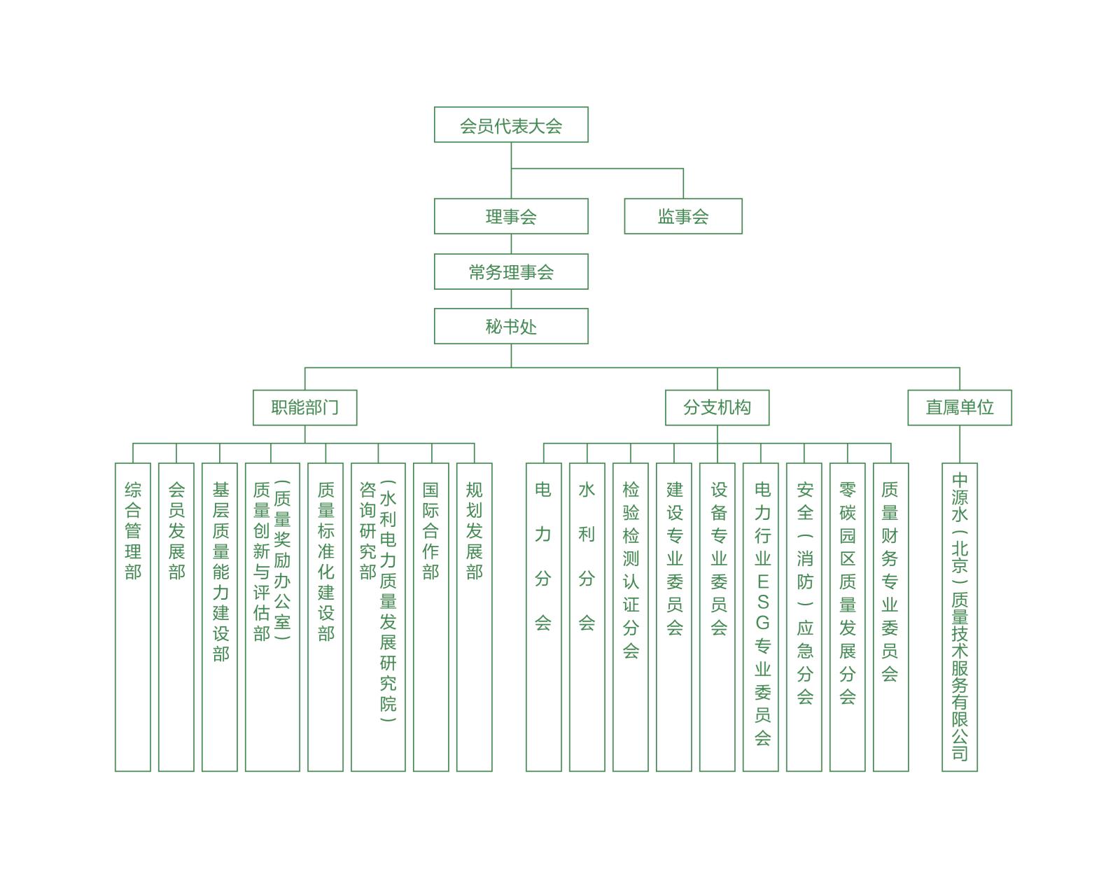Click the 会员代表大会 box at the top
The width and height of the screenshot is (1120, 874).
tap(511, 125)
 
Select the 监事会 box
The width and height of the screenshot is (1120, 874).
tap(682, 216)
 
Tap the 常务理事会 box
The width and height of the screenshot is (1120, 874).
tap(511, 272)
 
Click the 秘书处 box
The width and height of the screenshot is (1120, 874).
tap(511, 326)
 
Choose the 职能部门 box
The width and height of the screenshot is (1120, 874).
tap(304, 407)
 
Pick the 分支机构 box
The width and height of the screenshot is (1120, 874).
tap(717, 407)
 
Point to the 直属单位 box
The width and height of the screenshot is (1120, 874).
tap(959, 407)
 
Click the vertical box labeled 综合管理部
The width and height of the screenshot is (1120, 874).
tap(133, 616)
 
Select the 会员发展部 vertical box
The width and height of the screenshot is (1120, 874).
tap(176, 616)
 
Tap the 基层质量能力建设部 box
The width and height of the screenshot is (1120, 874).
tap(220, 616)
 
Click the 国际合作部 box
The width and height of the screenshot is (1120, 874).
tap(430, 616)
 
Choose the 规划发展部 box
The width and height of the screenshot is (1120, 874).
tap(474, 616)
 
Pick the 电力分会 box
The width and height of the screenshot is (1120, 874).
tap(543, 616)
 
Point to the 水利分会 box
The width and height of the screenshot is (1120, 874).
tap(587, 616)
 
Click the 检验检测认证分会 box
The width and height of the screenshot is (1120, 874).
tap(630, 616)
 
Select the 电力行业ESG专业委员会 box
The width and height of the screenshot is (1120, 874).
tap(760, 616)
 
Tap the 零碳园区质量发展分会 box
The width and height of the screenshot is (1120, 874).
tap(847, 616)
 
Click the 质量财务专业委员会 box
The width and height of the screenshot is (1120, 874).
tap(890, 616)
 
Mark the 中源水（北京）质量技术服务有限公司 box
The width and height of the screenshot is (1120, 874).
tap(959, 616)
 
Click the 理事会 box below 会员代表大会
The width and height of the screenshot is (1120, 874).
tap(511, 216)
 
